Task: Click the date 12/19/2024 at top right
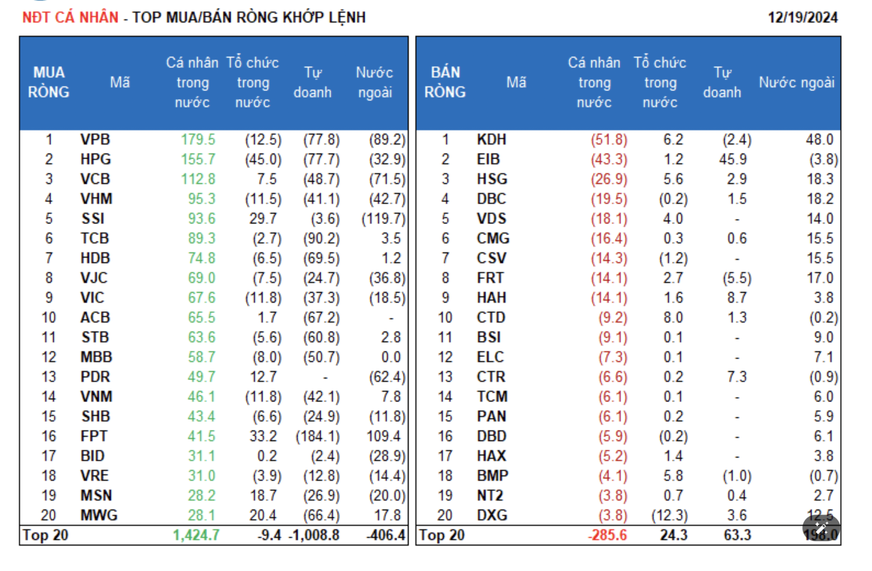[802, 17]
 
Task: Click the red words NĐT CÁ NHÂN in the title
[70, 17]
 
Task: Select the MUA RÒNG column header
[49, 82]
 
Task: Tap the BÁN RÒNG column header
[445, 82]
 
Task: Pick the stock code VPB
[95, 139]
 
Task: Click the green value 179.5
[198, 139]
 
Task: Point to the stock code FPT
[94, 436]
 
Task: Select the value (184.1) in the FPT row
[317, 436]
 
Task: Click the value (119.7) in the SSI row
[384, 218]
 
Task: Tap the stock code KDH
[491, 139]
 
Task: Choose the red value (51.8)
[609, 139]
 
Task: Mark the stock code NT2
[490, 495]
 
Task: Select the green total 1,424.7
[196, 535]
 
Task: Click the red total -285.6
[607, 535]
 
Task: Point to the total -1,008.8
[314, 535]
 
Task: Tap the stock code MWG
[99, 515]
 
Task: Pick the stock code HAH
[491, 297]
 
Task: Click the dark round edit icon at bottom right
[821, 528]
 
